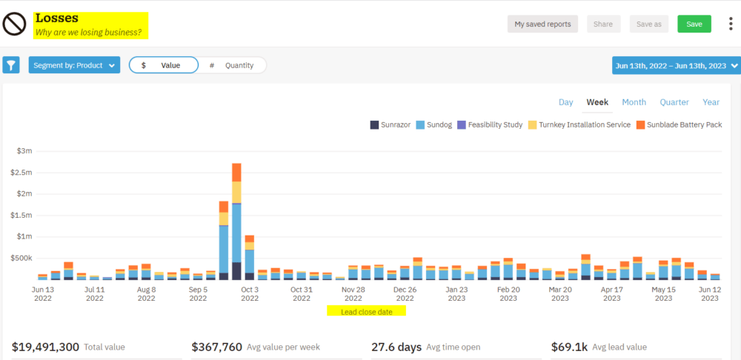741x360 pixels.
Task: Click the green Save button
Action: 694,24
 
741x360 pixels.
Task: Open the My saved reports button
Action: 542,24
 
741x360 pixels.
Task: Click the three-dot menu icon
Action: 730,24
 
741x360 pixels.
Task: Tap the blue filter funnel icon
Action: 11,65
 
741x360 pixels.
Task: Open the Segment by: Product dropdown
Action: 74,65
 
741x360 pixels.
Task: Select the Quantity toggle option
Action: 232,65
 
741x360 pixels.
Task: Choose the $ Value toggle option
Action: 164,65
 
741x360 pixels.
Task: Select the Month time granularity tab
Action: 634,102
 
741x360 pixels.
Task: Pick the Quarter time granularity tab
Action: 674,102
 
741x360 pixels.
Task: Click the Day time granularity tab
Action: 565,102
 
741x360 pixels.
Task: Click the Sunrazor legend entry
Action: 390,124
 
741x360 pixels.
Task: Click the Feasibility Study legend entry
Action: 490,124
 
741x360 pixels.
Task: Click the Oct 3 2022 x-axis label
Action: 250,294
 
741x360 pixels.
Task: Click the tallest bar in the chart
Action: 236,222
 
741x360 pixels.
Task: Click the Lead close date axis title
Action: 367,312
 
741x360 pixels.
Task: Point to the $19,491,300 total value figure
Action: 46,347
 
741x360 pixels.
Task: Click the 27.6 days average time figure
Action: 396,347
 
